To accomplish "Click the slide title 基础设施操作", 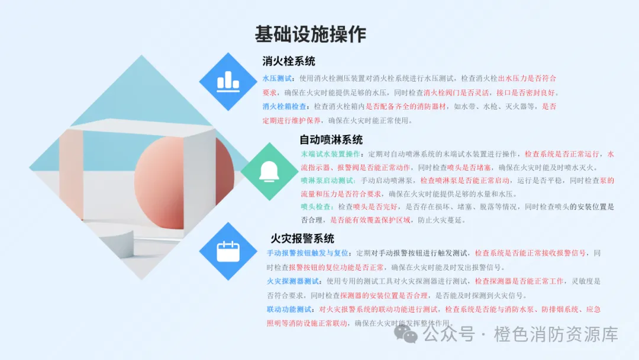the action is point(311,34).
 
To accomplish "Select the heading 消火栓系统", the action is point(289,61).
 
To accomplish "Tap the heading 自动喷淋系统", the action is point(331,140).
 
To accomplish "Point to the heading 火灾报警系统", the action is point(302,239).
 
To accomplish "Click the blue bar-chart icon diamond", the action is point(228,82).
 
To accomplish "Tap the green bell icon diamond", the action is point(270,171).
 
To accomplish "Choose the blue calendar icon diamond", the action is point(228,251).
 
